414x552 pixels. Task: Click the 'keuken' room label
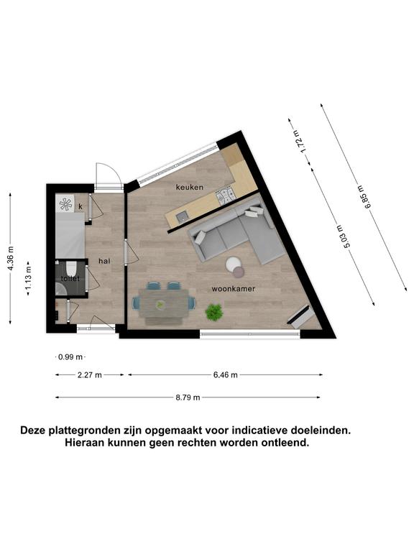(190, 187)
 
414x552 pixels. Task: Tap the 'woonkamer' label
(233, 289)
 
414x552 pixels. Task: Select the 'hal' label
(104, 261)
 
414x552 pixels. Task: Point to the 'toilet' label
(70, 278)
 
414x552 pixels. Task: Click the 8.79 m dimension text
(188, 397)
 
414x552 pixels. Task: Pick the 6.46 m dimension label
(225, 375)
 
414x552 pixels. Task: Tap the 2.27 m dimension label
(89, 375)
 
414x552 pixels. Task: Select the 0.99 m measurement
(70, 357)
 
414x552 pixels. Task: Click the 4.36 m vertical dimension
(11, 258)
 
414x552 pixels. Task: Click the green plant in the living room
(214, 312)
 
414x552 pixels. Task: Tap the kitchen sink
(183, 217)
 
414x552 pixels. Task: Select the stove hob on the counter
(225, 196)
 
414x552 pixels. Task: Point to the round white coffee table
(233, 264)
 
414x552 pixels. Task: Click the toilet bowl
(71, 268)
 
